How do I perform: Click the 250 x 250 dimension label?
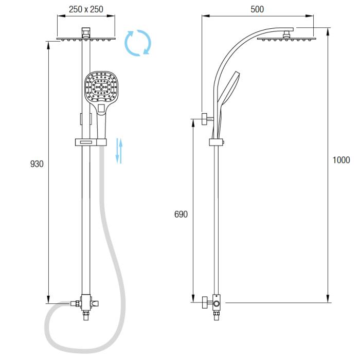pos(86,9)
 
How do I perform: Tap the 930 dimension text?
pos(37,164)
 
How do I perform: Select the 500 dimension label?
pos(257,9)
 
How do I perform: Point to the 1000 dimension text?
pos(341,160)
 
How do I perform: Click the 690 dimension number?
pos(181,214)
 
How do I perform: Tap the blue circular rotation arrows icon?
pos(138,43)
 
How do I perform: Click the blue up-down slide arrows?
pos(119,151)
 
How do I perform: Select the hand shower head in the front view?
pos(101,87)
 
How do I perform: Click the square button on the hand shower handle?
pos(101,108)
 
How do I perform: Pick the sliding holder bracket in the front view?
pos(91,142)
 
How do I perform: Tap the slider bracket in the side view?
pos(217,142)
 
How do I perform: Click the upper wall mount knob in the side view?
pos(205,119)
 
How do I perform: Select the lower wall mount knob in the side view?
pos(205,302)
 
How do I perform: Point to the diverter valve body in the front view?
pos(86,302)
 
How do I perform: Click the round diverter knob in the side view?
pos(217,304)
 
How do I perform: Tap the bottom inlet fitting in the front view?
pos(86,315)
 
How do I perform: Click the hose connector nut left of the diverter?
pos(75,303)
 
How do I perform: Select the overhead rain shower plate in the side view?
pos(286,39)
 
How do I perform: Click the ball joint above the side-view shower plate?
pos(286,34)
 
